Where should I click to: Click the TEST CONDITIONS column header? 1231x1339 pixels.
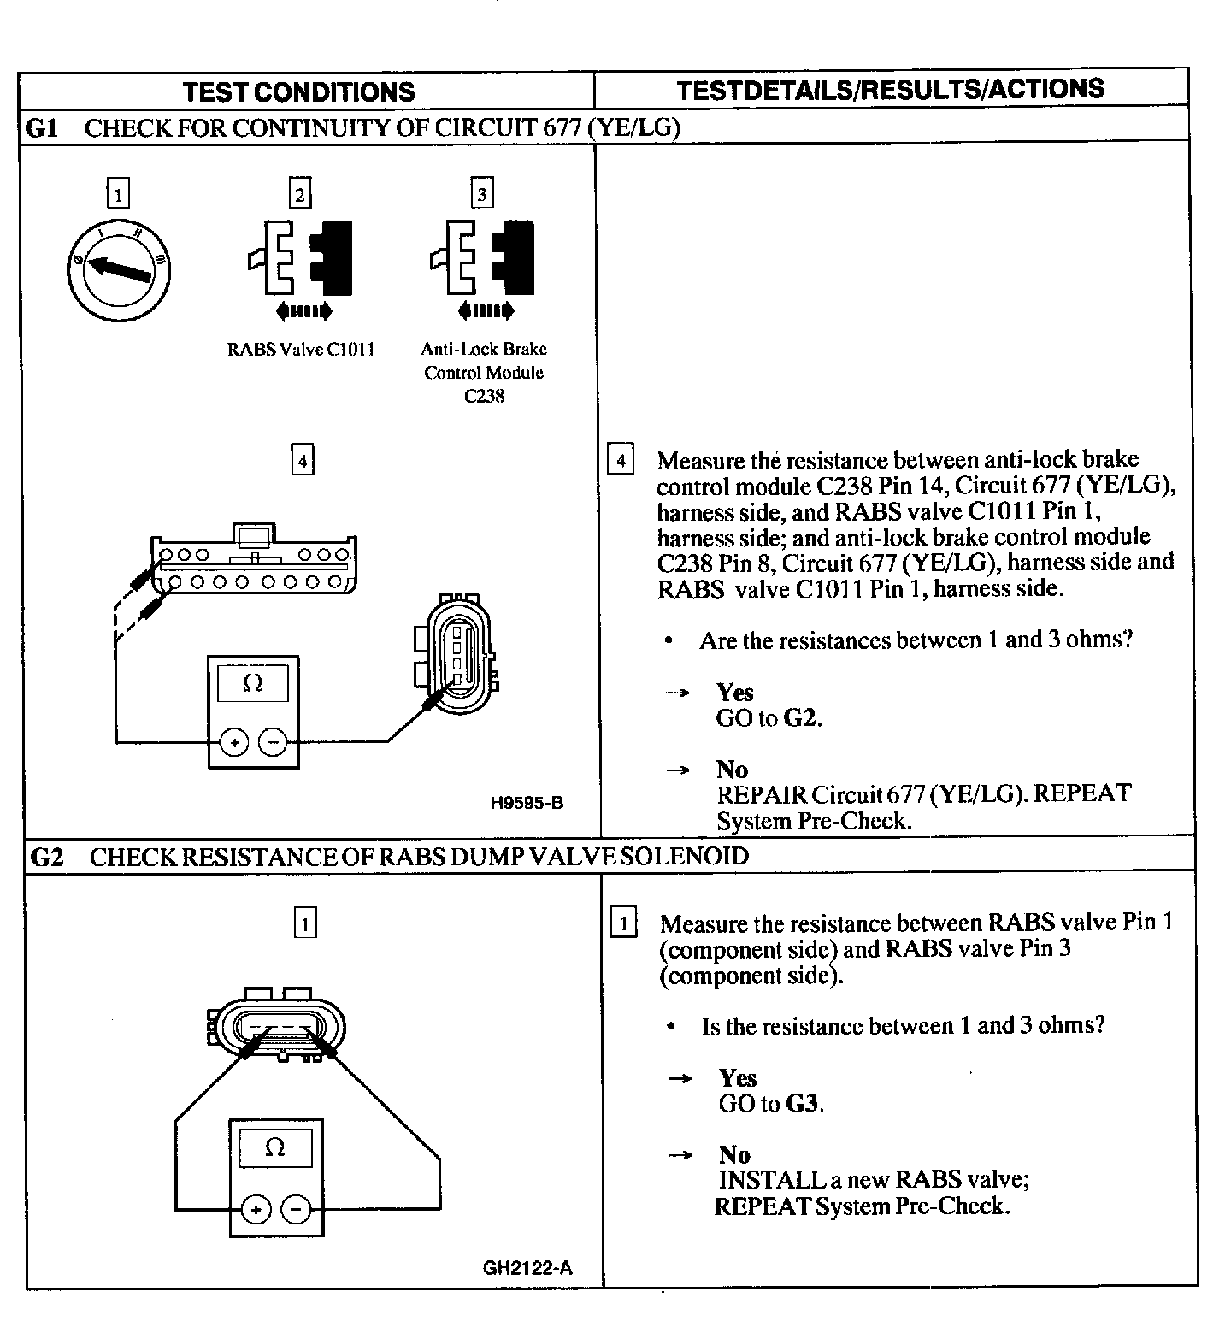point(298,91)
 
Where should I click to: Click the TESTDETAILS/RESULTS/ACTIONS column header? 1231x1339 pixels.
point(890,89)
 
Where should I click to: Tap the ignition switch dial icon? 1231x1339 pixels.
point(119,268)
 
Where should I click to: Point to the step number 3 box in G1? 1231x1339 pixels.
point(482,194)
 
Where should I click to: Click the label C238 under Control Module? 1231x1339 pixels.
point(484,397)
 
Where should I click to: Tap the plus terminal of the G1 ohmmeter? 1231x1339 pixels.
point(234,742)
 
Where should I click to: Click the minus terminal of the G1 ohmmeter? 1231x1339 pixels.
point(273,742)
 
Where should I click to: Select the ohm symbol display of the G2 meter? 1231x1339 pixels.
point(275,1147)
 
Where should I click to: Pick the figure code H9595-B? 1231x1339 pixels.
point(527,803)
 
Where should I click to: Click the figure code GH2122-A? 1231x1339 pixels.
point(527,1267)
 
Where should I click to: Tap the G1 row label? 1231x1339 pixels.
point(43,127)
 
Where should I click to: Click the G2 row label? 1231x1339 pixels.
point(46,857)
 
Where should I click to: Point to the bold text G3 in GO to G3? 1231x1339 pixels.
point(804,1104)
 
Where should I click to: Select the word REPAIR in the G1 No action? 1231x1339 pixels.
point(761,794)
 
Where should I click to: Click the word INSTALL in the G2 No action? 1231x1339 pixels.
point(772,1180)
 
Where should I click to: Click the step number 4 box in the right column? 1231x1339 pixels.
point(621,461)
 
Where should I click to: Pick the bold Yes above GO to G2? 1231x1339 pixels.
point(735,692)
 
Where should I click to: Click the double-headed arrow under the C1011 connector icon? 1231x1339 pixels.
point(299,311)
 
